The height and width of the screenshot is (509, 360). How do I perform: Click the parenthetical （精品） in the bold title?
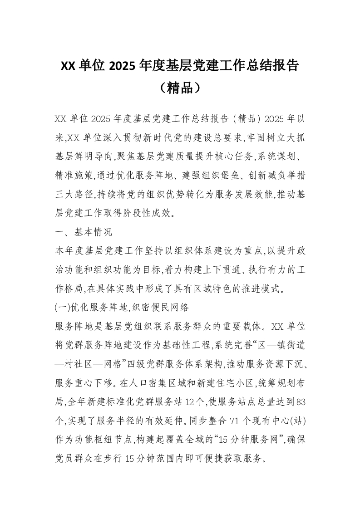point(180,87)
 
